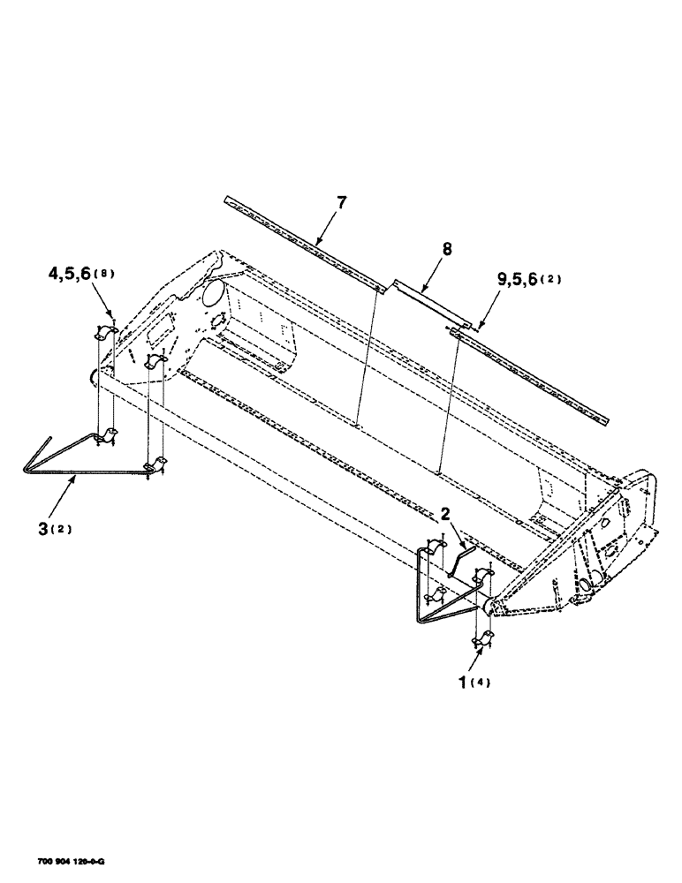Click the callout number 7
click(x=342, y=202)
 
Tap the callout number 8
click(x=447, y=250)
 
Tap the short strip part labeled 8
click(x=427, y=296)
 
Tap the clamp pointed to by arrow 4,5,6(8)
click(x=108, y=333)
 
